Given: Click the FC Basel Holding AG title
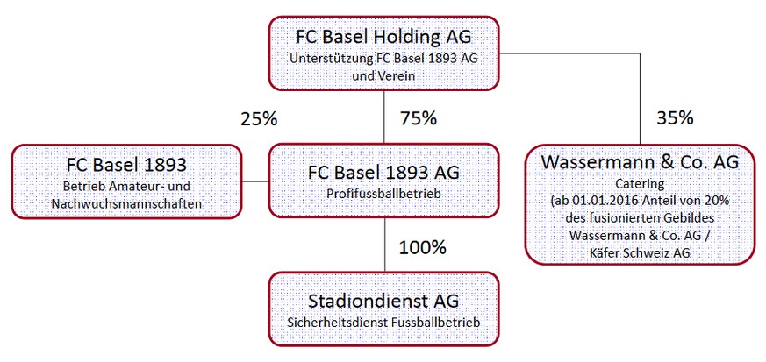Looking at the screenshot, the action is point(383,38).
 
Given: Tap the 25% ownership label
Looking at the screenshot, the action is point(259,118).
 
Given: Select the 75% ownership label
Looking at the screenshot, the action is point(419,118).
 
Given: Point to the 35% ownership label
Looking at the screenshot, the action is point(675,118).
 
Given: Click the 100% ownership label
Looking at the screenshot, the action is point(423,247).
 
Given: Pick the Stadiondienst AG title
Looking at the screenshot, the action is point(383,301).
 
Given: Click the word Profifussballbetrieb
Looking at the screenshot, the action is point(383,194).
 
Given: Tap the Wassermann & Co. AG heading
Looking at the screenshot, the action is point(640,162).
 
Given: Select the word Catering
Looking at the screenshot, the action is point(640,184).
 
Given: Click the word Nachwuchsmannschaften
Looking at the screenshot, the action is point(126,204).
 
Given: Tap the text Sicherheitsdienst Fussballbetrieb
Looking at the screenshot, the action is point(383,323).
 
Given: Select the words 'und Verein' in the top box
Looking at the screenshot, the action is point(383,75).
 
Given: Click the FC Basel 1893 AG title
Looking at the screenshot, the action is point(383,174).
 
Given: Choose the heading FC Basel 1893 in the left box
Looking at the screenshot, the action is point(126,165).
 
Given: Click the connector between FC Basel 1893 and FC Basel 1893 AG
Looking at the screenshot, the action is point(255,182).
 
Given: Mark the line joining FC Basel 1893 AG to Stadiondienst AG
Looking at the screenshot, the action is point(384,245).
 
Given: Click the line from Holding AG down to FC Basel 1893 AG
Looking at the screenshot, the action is point(384,117).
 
